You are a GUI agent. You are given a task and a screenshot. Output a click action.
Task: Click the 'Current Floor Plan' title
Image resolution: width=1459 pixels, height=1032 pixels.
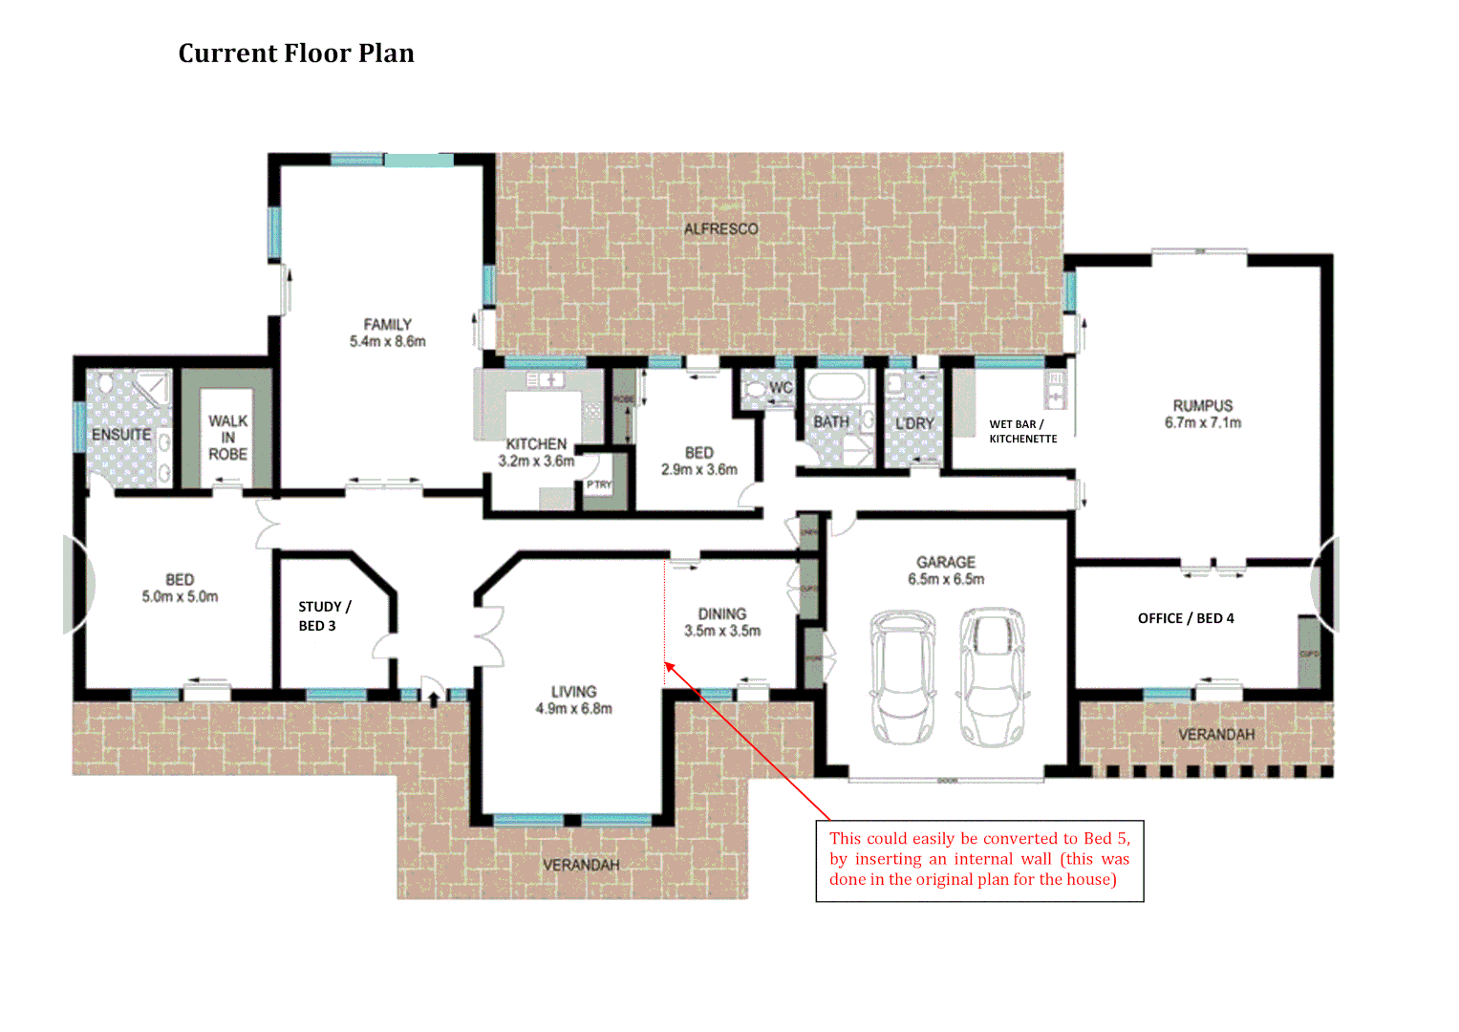[x=296, y=54]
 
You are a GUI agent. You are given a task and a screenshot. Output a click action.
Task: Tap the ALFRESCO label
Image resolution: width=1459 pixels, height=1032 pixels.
[x=720, y=229]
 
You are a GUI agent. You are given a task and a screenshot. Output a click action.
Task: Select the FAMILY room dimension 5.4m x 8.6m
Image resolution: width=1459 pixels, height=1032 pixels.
[x=387, y=341]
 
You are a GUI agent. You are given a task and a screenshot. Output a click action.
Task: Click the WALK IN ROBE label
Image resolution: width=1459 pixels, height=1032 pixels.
[x=227, y=438]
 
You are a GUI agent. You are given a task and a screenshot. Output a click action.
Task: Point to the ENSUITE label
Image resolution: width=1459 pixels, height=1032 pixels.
[x=121, y=435]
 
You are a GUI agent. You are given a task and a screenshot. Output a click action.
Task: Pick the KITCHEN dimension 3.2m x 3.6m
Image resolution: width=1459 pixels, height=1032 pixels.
[x=536, y=461]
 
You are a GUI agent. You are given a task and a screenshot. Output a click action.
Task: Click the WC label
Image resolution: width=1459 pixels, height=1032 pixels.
[x=781, y=388]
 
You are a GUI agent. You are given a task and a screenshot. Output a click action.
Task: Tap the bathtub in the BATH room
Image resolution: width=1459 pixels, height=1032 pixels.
[x=836, y=388]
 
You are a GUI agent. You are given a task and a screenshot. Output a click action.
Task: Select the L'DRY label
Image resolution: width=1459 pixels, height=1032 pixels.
[x=914, y=423]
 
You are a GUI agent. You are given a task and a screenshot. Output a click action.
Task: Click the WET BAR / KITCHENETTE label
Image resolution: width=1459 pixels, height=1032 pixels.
[x=1022, y=432]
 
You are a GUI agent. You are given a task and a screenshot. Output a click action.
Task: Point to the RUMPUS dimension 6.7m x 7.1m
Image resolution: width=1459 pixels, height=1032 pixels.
[x=1202, y=422]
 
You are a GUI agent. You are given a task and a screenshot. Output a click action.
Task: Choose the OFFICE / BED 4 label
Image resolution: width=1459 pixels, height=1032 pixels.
[x=1185, y=618]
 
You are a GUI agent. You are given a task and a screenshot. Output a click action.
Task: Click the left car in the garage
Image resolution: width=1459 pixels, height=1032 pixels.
[x=901, y=677]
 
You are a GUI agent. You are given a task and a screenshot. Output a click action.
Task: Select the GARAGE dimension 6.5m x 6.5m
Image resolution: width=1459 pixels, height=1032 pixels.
[x=946, y=579]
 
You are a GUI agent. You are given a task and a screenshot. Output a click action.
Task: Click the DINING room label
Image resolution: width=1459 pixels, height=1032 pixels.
[x=721, y=613]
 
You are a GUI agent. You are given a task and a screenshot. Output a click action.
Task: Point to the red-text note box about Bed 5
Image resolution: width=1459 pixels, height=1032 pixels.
[x=979, y=860]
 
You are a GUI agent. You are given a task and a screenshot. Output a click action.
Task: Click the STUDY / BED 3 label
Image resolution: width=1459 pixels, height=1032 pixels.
[x=324, y=616]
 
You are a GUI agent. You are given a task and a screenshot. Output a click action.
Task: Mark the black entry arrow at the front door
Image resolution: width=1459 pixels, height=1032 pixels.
[x=434, y=699]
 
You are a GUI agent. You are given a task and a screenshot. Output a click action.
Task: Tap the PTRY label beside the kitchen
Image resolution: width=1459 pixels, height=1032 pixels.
[x=599, y=485]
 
